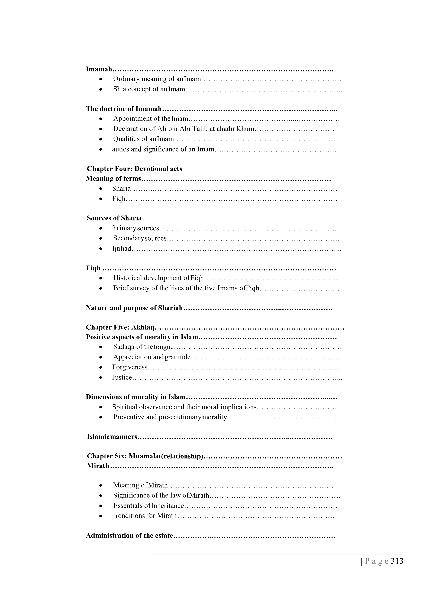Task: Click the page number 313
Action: click(397, 561)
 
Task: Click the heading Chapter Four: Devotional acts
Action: click(134, 169)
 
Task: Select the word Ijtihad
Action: click(122, 249)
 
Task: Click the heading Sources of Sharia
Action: click(114, 218)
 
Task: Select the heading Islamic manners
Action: click(112, 437)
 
